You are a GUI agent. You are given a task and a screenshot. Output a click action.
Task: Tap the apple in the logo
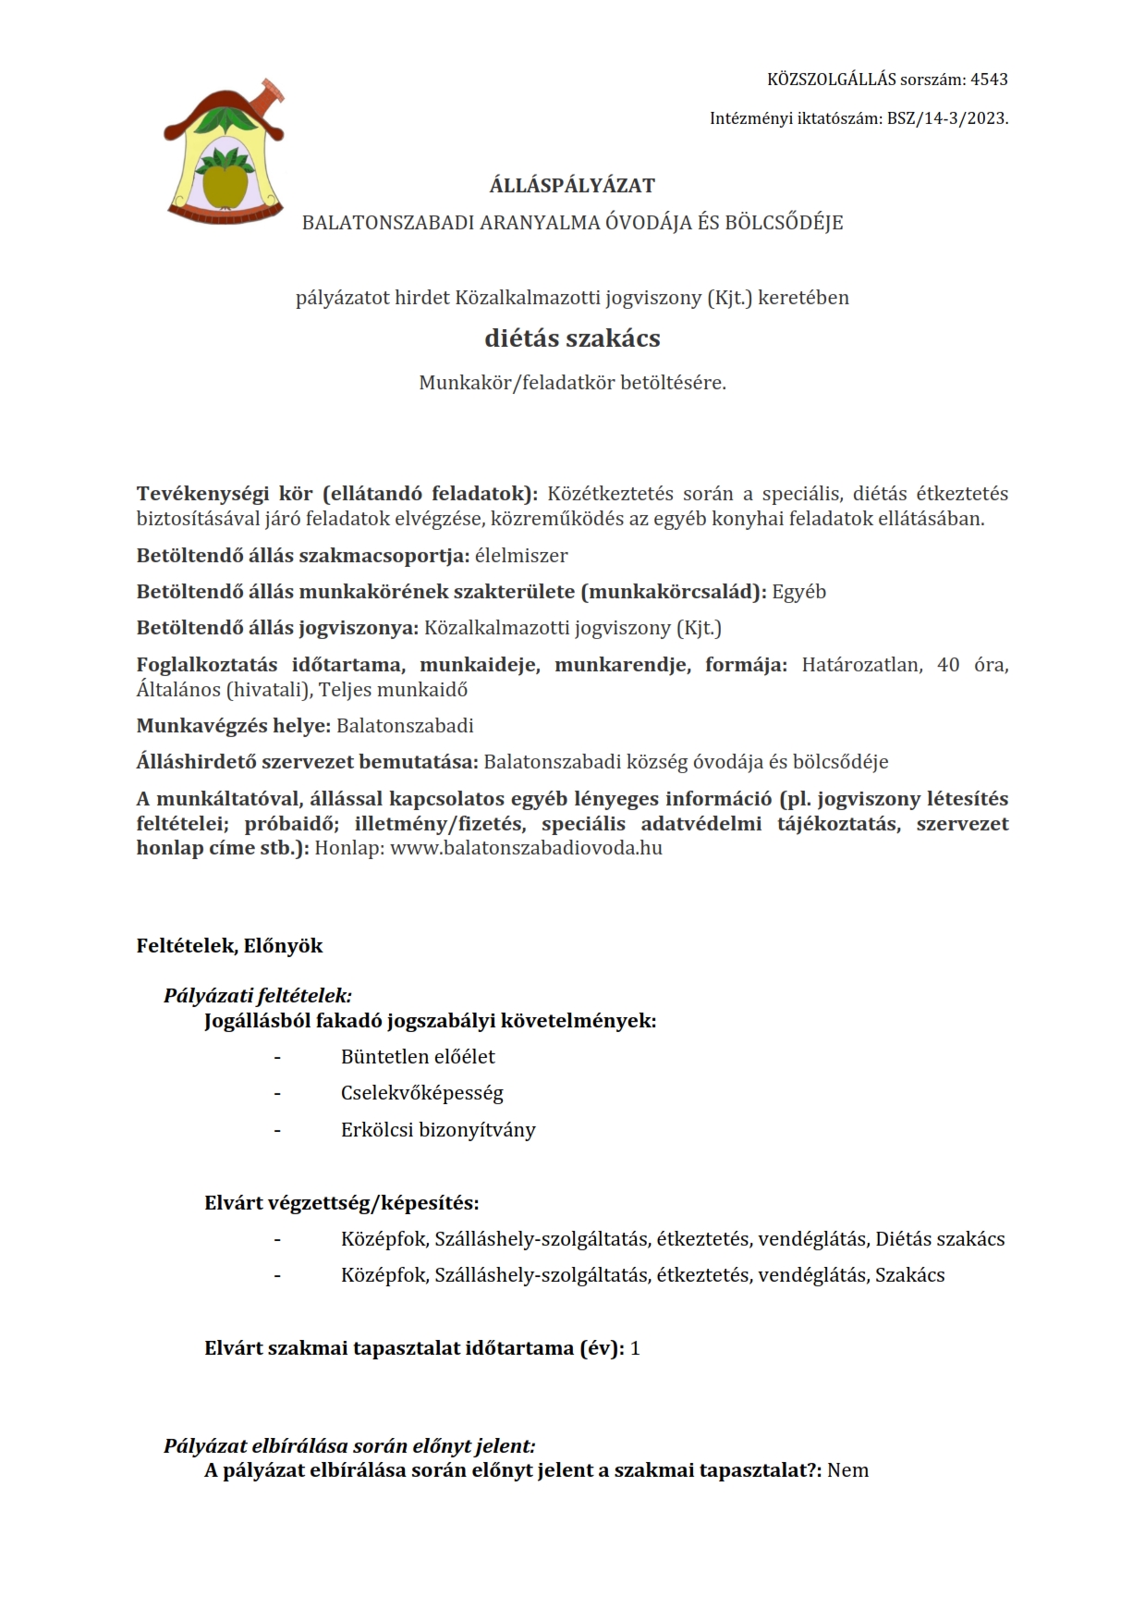[x=224, y=184]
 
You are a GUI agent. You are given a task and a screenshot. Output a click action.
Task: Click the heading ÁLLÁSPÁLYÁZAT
[x=572, y=186]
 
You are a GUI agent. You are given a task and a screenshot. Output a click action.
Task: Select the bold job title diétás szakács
[x=572, y=338]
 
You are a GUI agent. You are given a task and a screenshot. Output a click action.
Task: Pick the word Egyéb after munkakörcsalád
[x=799, y=592]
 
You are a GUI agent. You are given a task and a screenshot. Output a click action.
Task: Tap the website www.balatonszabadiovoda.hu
[x=526, y=848]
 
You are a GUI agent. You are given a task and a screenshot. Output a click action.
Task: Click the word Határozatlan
[x=861, y=665]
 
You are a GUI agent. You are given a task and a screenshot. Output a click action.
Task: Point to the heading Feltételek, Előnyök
[x=229, y=946]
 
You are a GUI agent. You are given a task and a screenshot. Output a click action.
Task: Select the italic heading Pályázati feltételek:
[x=258, y=996]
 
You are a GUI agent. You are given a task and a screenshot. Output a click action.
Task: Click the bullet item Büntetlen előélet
[x=418, y=1057]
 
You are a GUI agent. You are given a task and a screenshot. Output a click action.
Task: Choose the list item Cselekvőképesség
[x=421, y=1093]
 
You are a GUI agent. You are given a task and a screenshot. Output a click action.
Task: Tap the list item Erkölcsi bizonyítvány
[x=438, y=1130]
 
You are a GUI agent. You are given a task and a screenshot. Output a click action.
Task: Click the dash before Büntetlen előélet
[x=276, y=1057]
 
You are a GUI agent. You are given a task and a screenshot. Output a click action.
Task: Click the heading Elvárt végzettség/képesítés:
[x=341, y=1203]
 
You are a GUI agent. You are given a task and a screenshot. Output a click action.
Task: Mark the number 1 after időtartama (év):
[x=635, y=1348]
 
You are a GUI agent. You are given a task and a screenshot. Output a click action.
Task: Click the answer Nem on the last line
[x=847, y=1471]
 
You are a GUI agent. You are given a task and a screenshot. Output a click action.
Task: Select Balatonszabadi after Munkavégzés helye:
[x=405, y=726]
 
